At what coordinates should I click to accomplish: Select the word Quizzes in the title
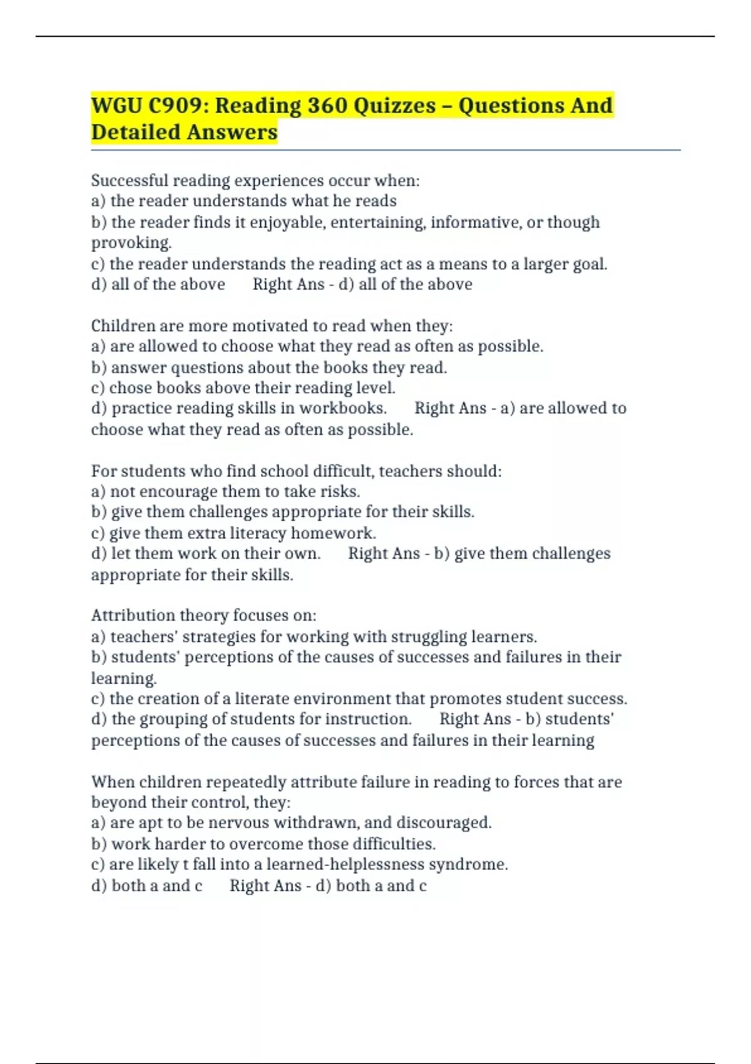click(394, 106)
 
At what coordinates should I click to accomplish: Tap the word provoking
click(131, 243)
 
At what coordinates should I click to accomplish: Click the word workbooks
click(342, 408)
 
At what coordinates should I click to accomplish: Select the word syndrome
click(477, 865)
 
